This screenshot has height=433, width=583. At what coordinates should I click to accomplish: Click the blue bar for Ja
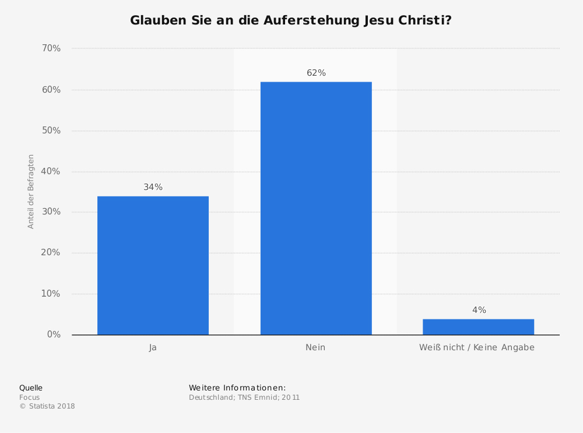(153, 265)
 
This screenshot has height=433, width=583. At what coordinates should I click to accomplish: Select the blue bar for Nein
(316, 208)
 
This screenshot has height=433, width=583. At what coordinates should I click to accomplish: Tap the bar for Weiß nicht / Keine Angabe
(478, 327)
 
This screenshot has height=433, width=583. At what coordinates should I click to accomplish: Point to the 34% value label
(153, 187)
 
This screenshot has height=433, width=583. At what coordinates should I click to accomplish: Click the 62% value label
(316, 73)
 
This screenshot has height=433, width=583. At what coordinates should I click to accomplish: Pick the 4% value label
(479, 310)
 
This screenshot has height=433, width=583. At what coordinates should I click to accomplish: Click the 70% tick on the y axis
(51, 48)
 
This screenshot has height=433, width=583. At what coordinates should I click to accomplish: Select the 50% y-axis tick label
(51, 131)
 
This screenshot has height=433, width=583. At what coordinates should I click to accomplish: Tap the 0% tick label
(54, 335)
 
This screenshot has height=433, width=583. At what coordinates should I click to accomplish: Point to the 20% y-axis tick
(51, 253)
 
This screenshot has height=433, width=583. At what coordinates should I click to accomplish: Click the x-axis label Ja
(153, 347)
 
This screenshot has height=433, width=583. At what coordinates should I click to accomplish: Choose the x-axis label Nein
(315, 347)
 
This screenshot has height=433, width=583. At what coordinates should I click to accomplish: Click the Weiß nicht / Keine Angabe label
(476, 347)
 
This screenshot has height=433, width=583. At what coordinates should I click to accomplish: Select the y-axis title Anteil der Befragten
(31, 191)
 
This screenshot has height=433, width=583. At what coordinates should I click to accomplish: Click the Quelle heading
(31, 388)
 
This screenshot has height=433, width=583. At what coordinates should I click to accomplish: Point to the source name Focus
(29, 397)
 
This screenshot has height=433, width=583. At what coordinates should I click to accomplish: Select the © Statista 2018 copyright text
(47, 406)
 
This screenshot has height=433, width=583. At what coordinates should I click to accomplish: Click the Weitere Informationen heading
(237, 388)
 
